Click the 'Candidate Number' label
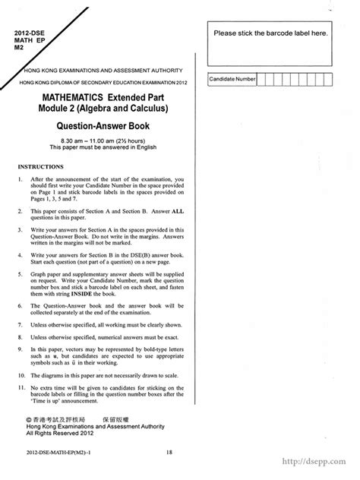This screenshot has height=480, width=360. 232,80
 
